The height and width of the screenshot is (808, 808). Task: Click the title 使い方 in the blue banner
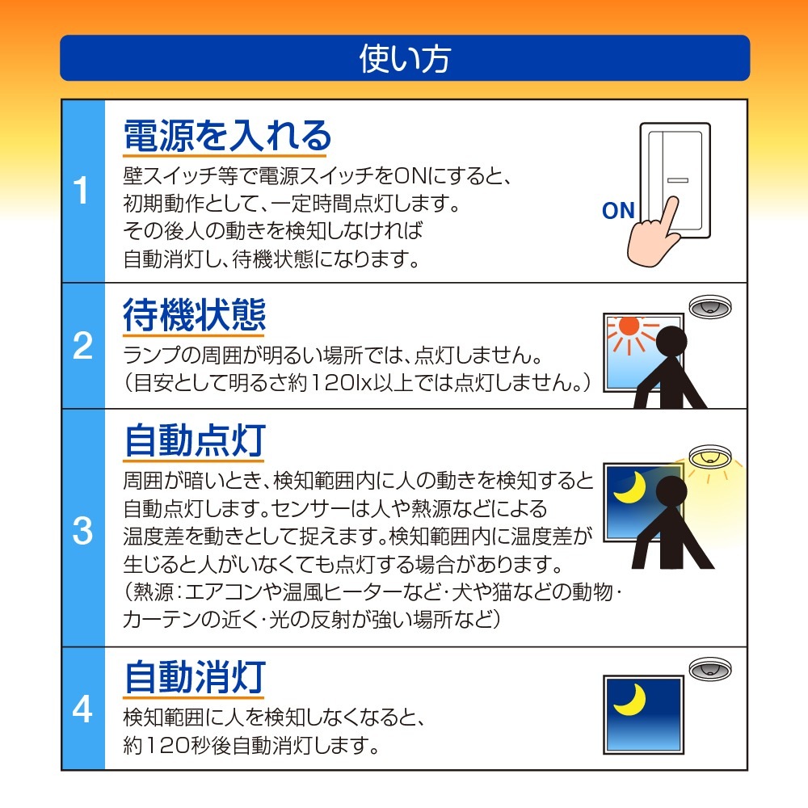pos(405,58)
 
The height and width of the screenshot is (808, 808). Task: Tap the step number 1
pos(82,190)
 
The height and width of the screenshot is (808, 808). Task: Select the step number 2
pos(82,345)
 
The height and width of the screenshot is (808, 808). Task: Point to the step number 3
pos(82,531)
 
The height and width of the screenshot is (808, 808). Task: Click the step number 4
pos(82,709)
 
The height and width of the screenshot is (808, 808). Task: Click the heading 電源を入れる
pos(227,136)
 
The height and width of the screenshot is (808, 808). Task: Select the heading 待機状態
pos(194,314)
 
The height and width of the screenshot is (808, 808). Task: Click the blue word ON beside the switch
pos(618,211)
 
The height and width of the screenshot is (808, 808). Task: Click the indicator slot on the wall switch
pos(678,180)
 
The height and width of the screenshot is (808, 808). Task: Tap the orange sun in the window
pos(629,326)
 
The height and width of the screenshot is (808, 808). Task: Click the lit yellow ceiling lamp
pos(710,455)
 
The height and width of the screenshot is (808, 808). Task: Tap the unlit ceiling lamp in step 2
pos(710,306)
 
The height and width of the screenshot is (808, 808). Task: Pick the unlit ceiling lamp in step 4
pos(710,668)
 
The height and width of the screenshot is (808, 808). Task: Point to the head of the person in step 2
pos(671,342)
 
